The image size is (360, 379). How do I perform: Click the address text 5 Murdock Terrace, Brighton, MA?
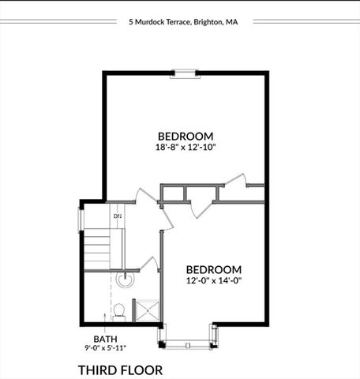[182, 22]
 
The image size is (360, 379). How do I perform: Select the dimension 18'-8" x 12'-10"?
[186, 147]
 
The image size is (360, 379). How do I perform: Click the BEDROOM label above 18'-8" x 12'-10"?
[186, 136]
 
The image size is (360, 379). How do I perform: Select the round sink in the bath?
[124, 279]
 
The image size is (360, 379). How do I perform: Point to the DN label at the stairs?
[118, 215]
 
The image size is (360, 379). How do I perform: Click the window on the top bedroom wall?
[186, 74]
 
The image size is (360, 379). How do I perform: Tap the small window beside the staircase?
[80, 219]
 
